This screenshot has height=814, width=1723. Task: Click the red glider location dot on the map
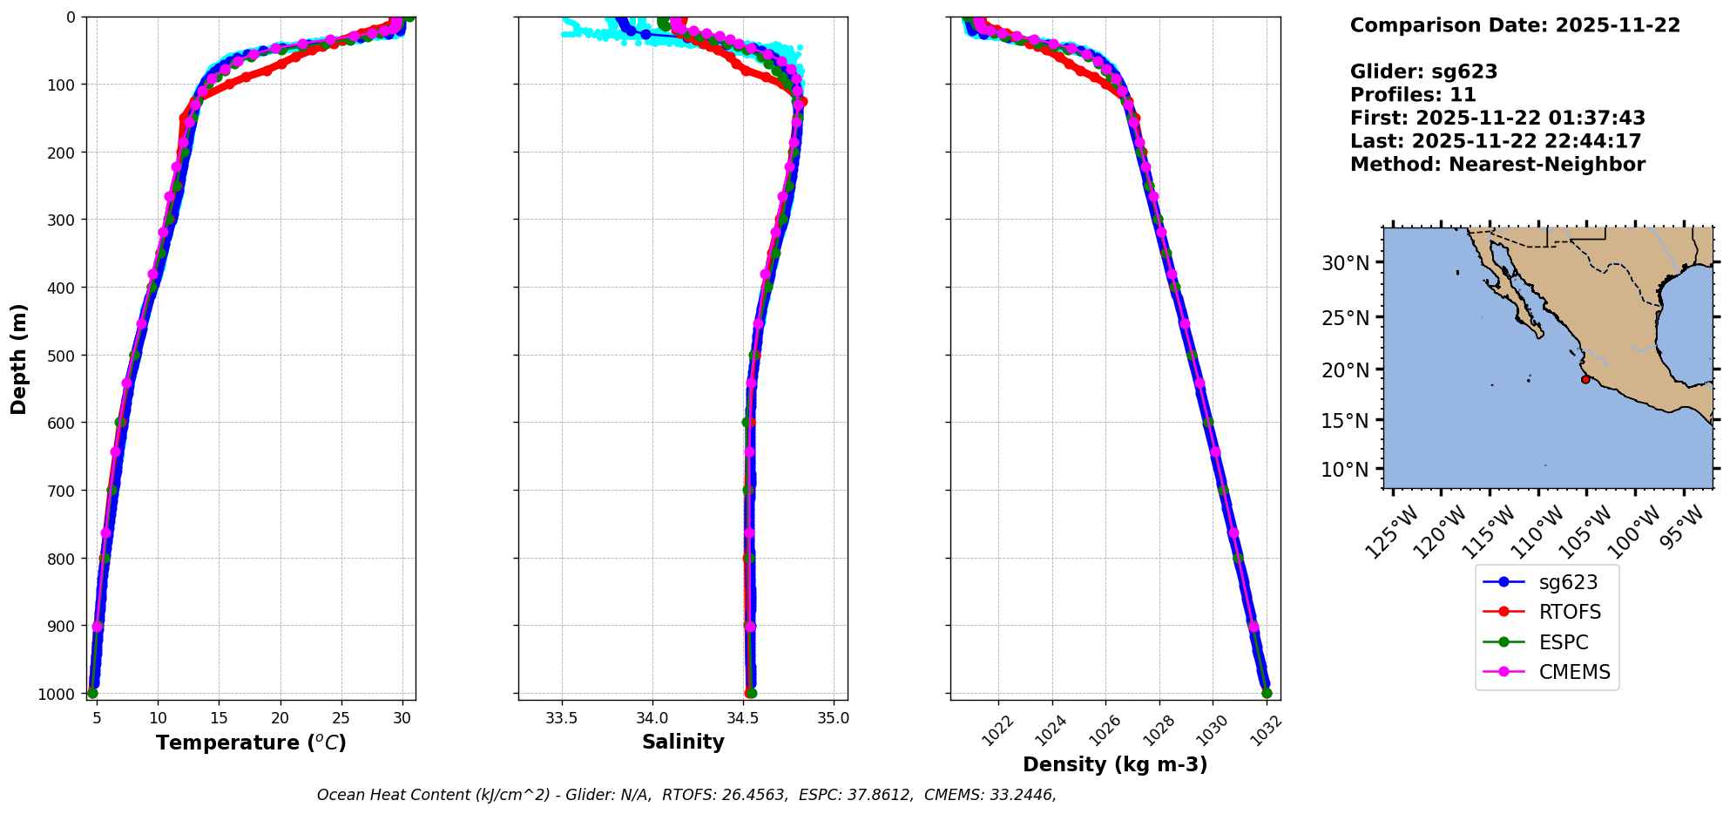coord(1585,379)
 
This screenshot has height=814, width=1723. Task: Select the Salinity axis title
coord(683,742)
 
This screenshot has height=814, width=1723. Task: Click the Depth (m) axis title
coord(19,358)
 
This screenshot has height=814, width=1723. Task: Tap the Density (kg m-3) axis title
coord(1115,764)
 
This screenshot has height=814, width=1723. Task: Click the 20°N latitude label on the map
coord(1346,370)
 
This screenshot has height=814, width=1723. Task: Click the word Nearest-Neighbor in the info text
coord(1547,165)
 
